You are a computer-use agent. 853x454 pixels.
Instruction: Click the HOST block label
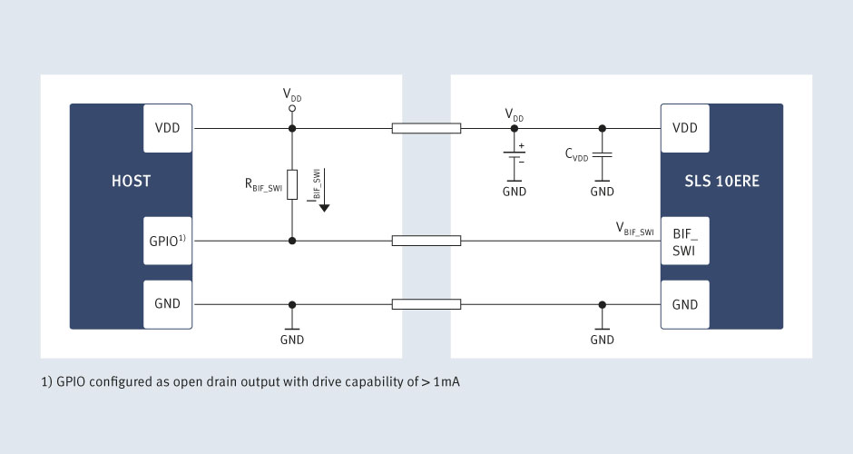pos(131,181)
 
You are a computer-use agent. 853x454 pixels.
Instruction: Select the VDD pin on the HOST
pos(168,128)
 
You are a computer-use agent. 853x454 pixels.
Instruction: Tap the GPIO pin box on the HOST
pos(168,241)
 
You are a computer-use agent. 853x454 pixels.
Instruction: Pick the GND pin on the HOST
pos(168,304)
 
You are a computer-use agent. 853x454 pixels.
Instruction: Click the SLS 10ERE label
pos(722,181)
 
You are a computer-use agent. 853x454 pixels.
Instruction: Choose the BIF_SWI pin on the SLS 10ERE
pos(685,242)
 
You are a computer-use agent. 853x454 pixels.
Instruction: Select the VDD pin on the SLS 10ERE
pos(685,128)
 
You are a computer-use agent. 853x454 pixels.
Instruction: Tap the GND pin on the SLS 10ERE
pos(685,304)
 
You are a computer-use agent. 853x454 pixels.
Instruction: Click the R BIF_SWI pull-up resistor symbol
pos(292,184)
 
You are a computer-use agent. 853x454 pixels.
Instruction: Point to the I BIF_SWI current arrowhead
pos(324,208)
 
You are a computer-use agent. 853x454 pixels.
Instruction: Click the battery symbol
pos(515,155)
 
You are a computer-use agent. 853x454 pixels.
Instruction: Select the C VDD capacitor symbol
pos(603,155)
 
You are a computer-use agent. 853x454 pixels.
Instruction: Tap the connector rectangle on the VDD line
pos(426,128)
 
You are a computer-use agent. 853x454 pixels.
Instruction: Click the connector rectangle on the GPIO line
pos(426,241)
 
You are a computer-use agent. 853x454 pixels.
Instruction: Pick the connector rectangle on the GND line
pos(426,304)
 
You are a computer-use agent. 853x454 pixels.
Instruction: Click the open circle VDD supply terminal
pos(292,108)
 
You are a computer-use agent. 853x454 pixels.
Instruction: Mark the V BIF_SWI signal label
pos(635,229)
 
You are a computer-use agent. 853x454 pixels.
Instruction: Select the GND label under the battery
pos(515,192)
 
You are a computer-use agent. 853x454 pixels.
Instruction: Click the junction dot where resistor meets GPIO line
pos(292,241)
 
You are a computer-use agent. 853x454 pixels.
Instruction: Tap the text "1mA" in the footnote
pos(446,381)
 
